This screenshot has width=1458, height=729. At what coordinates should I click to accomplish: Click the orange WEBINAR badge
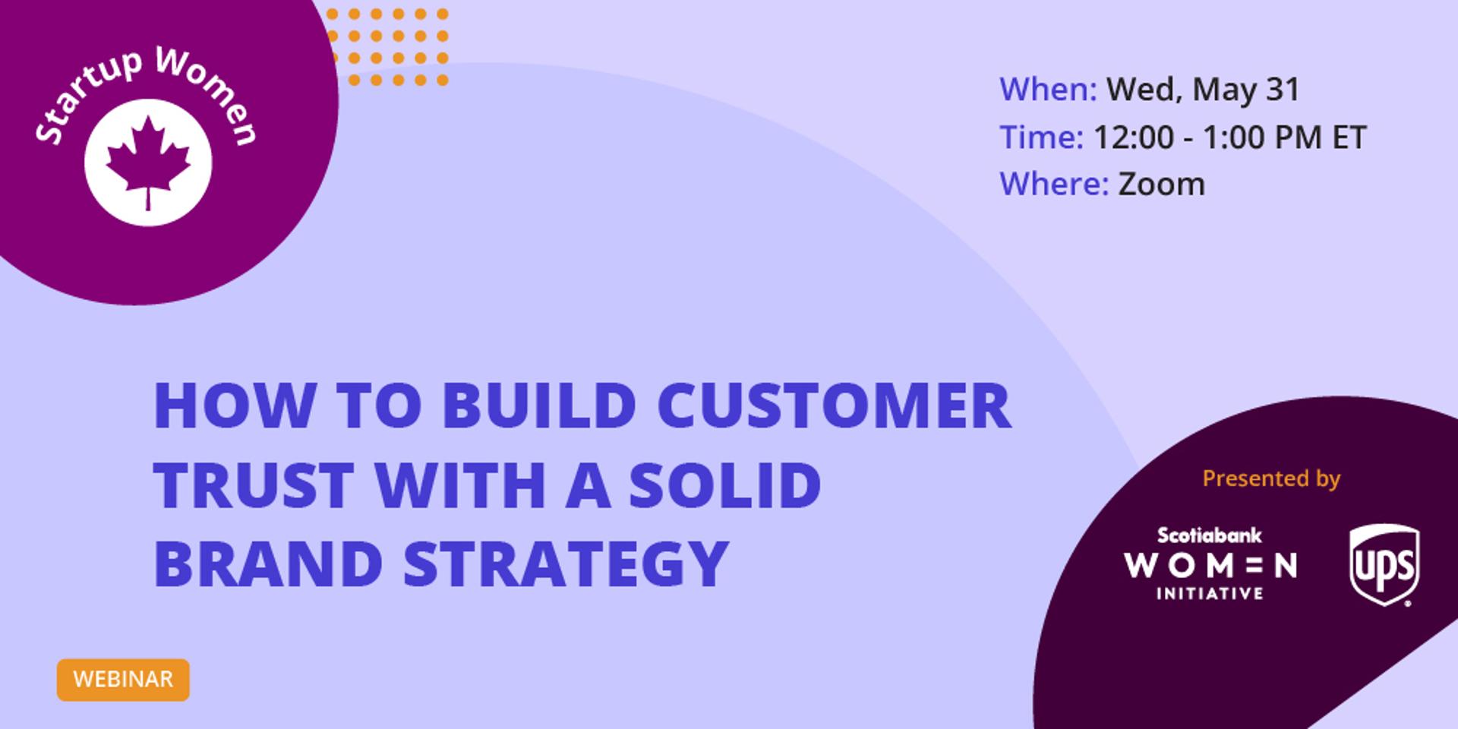point(123,679)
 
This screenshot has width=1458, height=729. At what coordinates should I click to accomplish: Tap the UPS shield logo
point(1384,566)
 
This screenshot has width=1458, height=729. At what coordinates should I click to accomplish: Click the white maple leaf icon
point(148,162)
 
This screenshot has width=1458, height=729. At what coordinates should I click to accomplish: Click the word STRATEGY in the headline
point(566,563)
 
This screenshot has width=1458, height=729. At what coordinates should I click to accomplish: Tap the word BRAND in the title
point(268,563)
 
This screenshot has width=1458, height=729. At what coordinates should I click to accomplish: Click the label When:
point(1048,89)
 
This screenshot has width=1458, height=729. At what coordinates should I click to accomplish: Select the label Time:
point(1041,137)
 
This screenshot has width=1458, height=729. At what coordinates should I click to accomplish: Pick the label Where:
point(1054,184)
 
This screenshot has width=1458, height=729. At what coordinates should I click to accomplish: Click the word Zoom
point(1161,184)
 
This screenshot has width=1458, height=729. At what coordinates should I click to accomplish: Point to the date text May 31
point(1246,90)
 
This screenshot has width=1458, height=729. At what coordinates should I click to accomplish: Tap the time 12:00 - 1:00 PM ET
point(1229,137)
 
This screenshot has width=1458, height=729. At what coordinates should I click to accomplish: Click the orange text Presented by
point(1271,478)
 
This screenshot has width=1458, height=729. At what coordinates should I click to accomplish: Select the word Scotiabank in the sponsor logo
point(1209,535)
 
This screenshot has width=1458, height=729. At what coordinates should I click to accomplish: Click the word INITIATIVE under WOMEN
point(1209,593)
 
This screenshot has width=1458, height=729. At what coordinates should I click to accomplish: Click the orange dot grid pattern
point(387,46)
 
